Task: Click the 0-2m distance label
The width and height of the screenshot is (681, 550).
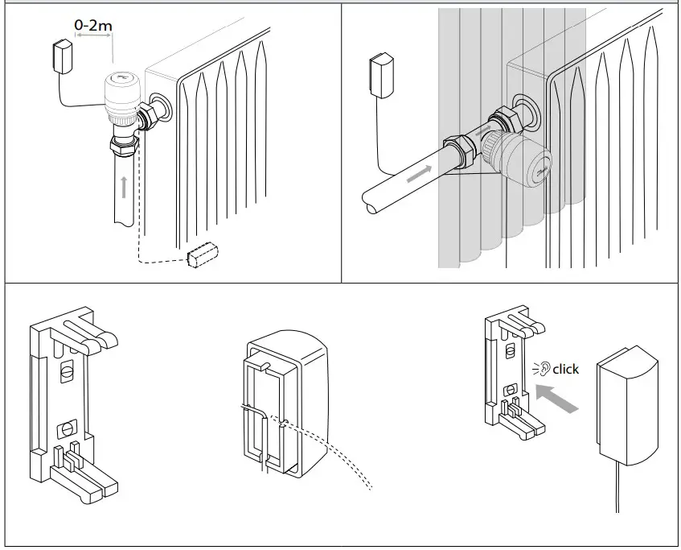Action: tap(93, 25)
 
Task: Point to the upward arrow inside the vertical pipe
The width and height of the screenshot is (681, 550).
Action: tap(123, 187)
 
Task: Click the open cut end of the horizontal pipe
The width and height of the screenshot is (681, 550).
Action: tap(371, 201)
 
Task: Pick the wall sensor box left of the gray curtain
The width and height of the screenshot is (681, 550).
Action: tap(380, 73)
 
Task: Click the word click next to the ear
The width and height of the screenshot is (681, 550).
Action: tap(565, 369)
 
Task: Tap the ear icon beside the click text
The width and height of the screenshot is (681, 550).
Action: tap(544, 369)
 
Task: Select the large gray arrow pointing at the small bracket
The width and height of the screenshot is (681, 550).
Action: tap(557, 398)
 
